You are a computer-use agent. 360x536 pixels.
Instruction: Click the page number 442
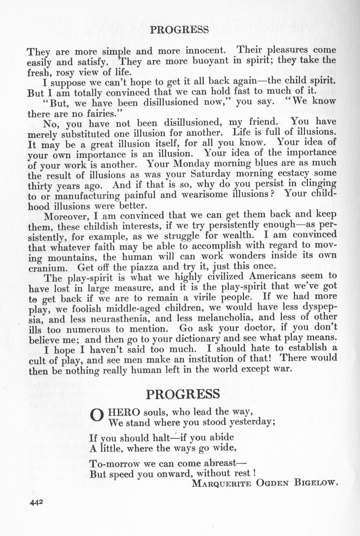35,502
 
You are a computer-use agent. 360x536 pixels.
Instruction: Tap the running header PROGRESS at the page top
179,30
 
